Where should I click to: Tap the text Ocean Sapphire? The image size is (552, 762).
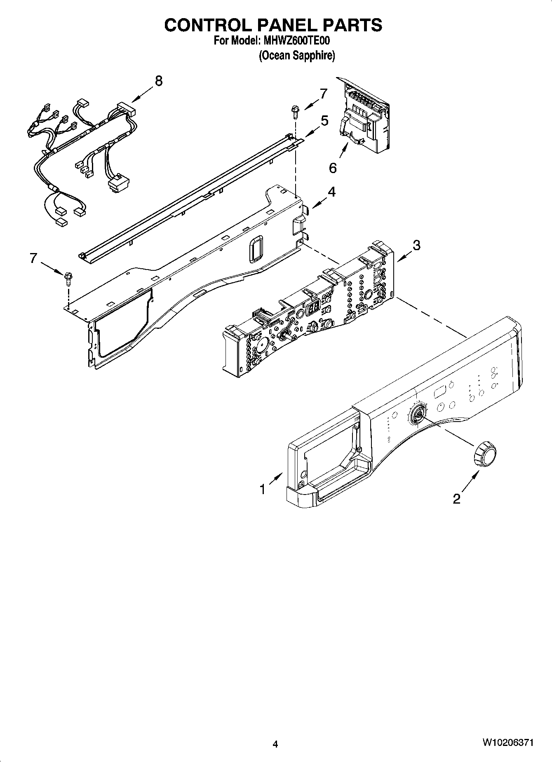coord(296,56)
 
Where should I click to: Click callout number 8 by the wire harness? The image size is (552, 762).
coord(159,81)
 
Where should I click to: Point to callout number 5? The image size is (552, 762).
coord(324,121)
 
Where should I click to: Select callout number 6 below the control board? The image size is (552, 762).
coord(333,168)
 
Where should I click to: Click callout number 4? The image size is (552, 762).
coord(331,192)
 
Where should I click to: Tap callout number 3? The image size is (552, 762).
coord(416,245)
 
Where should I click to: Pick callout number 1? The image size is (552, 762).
coord(262,489)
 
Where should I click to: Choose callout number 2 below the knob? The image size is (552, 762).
coord(456,499)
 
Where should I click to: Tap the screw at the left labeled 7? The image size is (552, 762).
coord(68,279)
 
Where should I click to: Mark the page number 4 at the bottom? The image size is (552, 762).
coord(275,744)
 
